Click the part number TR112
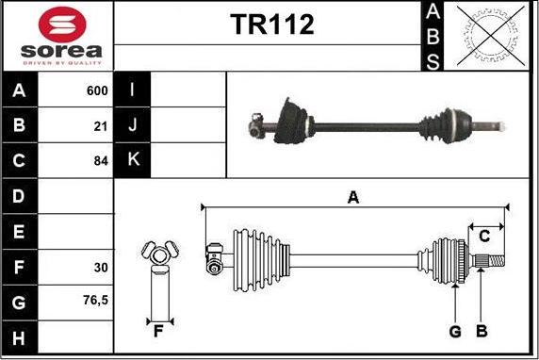click(272, 25)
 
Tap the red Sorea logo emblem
click(62, 25)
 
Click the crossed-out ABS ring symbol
click(491, 36)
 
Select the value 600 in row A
click(97, 90)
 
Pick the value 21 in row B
click(101, 126)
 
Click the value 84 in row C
click(101, 161)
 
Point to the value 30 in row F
click(101, 268)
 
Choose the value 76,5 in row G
click(95, 301)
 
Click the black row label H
click(19, 337)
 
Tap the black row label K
click(132, 160)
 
